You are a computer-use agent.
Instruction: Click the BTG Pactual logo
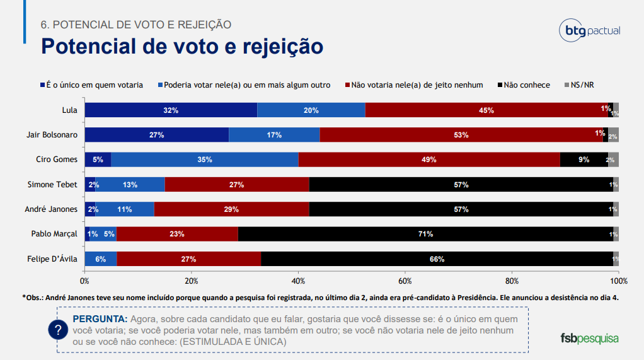coord(589,31)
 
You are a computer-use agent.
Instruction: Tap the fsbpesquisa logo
coord(589,338)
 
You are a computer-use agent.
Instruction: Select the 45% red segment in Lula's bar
coord(486,110)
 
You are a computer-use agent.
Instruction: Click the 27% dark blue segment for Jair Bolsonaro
coord(157,135)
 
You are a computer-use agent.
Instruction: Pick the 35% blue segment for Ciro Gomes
coord(204,160)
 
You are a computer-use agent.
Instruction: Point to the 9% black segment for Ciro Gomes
coord(584,160)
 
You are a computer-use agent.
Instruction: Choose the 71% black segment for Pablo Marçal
coord(425,234)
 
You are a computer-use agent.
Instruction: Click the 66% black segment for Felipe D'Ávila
coord(437,258)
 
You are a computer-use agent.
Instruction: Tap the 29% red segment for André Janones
coord(231,209)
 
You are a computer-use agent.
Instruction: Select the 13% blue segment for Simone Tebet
coord(130,185)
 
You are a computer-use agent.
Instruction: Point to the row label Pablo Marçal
coord(54,234)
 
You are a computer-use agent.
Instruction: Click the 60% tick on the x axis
coord(405,281)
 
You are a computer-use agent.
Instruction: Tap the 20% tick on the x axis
coord(192,281)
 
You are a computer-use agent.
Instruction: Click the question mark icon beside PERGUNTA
coord(58,329)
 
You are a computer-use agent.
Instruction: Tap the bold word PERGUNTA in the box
coord(100,318)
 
